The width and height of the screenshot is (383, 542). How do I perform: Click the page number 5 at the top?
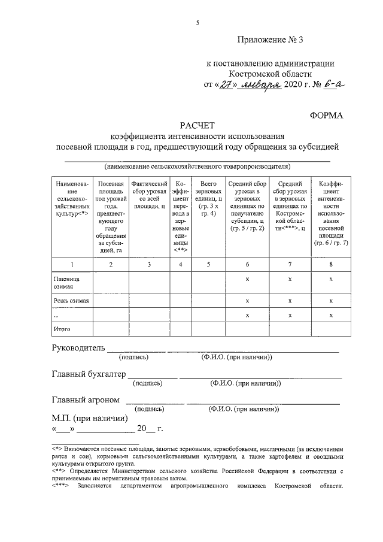coord(197,23)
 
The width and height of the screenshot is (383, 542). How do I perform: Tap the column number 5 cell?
coord(208,264)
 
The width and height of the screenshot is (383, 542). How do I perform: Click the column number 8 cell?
coord(331,264)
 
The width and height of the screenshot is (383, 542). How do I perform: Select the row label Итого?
coord(62,329)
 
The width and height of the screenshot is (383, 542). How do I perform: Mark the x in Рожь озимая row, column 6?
coord(247,301)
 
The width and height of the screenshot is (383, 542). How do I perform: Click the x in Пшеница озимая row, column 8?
coord(331,279)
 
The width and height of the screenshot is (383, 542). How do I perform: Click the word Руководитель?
coord(78,348)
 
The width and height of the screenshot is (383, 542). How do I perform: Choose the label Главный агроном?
coord(86,399)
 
